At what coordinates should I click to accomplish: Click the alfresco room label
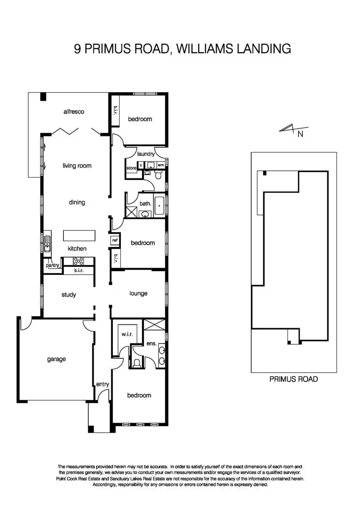(x=74, y=111)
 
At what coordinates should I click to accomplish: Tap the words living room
(x=77, y=166)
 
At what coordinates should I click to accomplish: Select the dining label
(x=77, y=202)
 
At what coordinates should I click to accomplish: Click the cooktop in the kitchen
(x=78, y=261)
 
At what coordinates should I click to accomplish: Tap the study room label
(x=69, y=295)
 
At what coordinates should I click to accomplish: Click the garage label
(x=56, y=359)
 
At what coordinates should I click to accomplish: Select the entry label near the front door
(x=103, y=384)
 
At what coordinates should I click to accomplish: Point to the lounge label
(x=139, y=293)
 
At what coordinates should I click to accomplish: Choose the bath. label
(x=145, y=203)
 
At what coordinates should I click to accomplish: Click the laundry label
(x=145, y=154)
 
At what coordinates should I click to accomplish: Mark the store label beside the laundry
(x=132, y=168)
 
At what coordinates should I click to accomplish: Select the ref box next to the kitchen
(x=115, y=240)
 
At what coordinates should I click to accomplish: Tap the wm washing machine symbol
(x=161, y=165)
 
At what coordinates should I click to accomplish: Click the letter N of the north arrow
(x=300, y=135)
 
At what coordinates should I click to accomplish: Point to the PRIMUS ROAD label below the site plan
(x=294, y=379)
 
